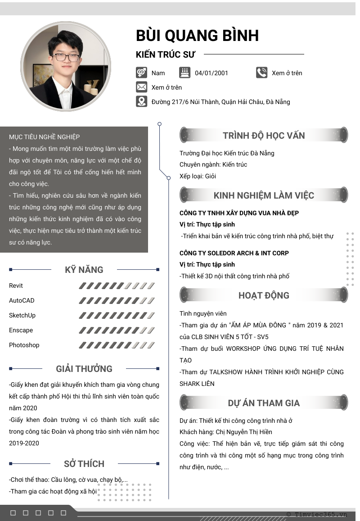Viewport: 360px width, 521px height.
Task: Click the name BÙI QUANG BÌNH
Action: [197, 36]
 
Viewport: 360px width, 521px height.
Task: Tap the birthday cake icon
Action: [184, 72]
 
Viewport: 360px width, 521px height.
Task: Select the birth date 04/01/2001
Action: [211, 73]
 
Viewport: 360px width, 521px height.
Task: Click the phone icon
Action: [261, 72]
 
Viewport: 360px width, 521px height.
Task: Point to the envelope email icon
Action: [141, 87]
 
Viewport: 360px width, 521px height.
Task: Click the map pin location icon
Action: [141, 101]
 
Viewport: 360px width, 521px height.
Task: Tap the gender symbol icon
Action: [141, 72]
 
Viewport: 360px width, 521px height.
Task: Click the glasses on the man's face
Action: [67, 57]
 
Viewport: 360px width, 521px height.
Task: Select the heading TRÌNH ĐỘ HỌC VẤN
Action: [264, 136]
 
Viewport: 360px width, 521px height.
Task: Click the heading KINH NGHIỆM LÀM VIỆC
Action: [264, 195]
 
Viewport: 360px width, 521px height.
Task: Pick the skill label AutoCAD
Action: [22, 300]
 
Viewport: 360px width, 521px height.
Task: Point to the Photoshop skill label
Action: [24, 345]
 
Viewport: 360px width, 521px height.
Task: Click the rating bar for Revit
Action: [117, 285]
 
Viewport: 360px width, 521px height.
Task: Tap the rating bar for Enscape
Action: [117, 330]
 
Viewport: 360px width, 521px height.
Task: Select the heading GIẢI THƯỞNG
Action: [84, 369]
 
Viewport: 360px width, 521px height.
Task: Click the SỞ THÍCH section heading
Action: [84, 464]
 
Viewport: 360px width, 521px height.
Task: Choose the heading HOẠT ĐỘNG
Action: [264, 295]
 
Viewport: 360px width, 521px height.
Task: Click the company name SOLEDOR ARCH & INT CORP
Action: [234, 253]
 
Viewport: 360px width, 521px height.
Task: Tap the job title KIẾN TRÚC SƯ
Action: [166, 54]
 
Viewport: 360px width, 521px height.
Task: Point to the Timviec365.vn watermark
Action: [320, 514]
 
